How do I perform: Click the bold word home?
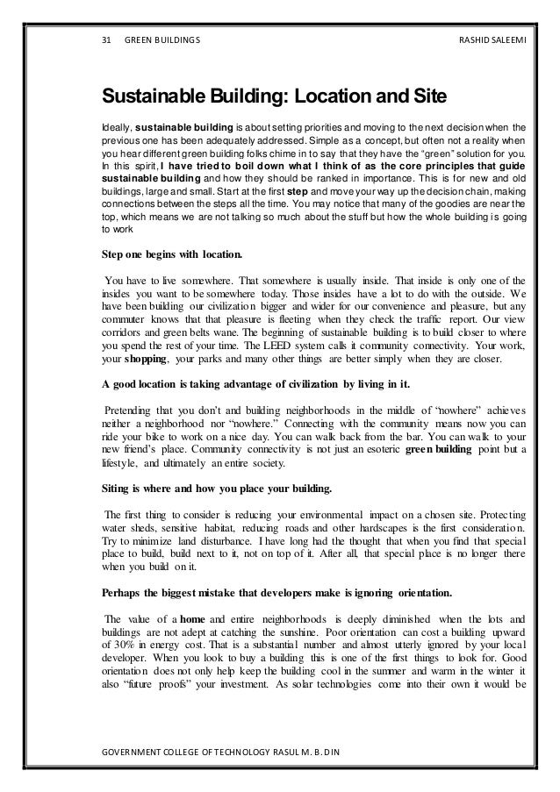click(187, 618)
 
